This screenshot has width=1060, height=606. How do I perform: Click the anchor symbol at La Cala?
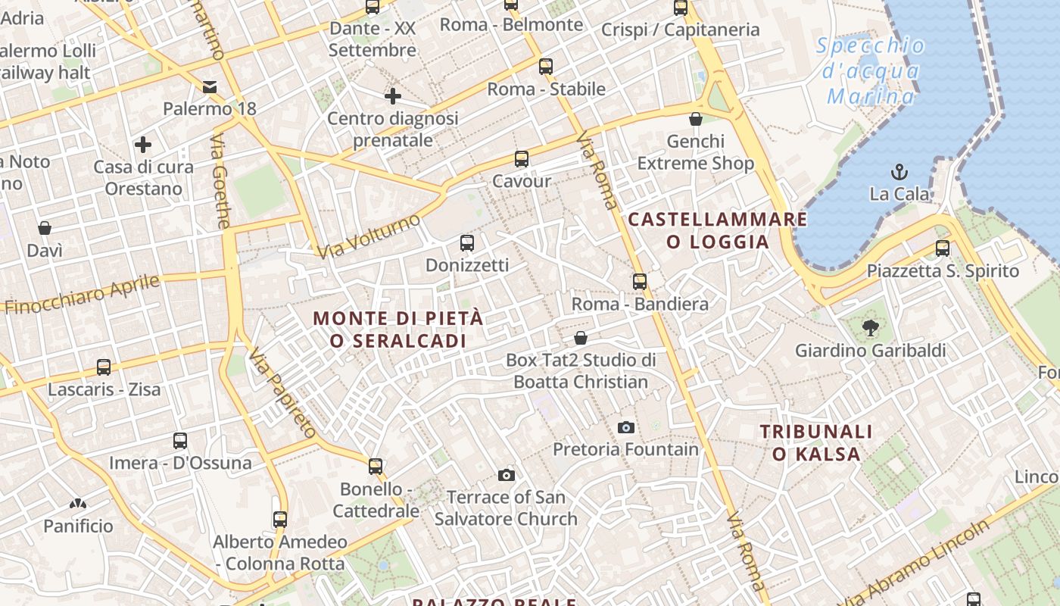pos(899,170)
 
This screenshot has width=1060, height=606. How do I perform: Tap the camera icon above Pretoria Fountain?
pos(625,427)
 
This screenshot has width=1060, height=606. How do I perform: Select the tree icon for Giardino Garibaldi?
pos(871,328)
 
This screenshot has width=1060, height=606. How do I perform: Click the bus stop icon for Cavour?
pos(522,159)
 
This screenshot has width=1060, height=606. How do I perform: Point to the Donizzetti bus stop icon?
pos(467,243)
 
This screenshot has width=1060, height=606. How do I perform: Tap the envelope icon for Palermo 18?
pos(210,87)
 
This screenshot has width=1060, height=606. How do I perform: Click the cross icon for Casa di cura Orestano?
pos(143,144)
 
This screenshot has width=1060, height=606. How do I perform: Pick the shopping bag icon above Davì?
pos(45,228)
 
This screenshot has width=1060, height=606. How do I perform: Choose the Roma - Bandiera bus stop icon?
pos(640,282)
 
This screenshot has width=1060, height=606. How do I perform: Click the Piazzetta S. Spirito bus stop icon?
pos(943,248)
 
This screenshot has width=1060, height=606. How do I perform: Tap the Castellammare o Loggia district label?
pos(718,231)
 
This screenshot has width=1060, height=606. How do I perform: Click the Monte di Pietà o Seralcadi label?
pos(398,330)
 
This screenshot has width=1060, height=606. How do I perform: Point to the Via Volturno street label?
pos(369,236)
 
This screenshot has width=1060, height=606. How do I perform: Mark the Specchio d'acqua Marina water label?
pos(871,71)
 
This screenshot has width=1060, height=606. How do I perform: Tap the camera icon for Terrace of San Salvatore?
pos(507,475)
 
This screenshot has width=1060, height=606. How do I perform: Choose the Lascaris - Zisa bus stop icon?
pos(104,367)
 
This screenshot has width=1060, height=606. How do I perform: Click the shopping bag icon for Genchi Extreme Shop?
pos(696,119)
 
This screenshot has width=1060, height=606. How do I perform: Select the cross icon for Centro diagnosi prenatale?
pos(392,96)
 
